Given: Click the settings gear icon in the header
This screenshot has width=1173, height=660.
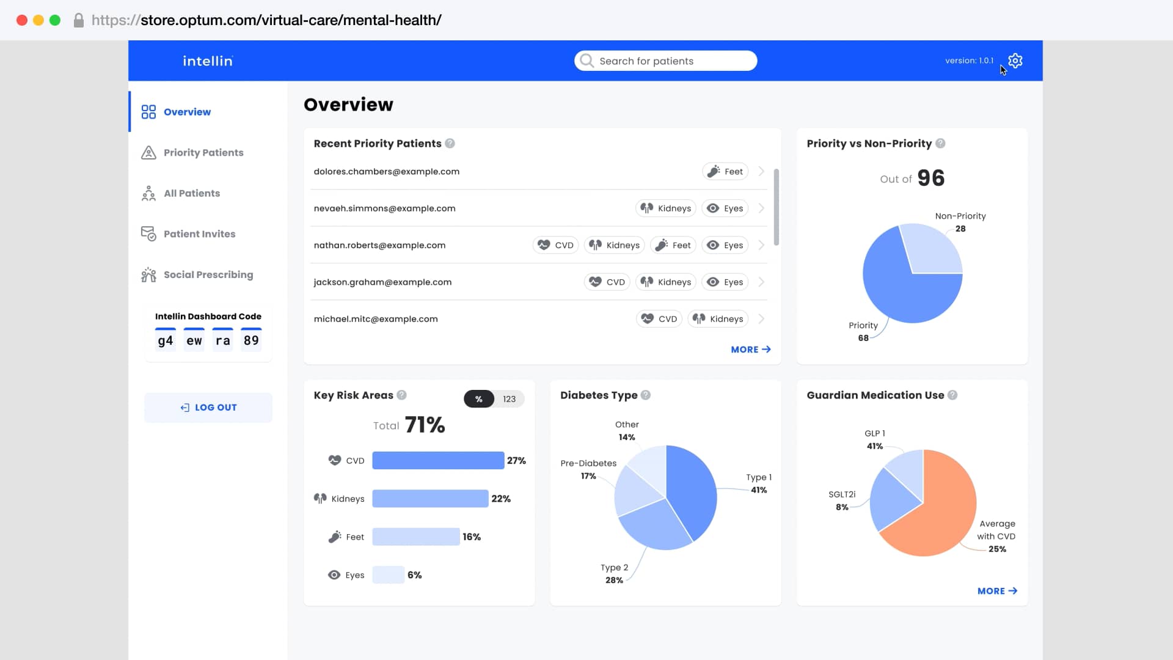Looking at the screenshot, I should coord(1015,61).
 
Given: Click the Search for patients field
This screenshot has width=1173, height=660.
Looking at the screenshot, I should coord(665,61).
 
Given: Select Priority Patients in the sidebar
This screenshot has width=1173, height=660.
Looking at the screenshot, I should coord(203,152).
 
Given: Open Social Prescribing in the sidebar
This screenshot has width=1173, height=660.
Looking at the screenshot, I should coord(208,274).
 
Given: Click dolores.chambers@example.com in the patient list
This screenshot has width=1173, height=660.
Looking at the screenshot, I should coord(386,171).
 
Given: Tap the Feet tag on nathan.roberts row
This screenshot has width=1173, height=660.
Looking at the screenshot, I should coord(674,245).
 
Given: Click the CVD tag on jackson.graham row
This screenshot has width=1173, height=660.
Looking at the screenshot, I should coord(607,282).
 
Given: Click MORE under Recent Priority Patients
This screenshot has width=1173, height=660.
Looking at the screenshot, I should coord(750,350).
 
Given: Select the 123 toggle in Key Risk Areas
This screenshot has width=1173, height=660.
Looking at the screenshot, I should coord(509,399).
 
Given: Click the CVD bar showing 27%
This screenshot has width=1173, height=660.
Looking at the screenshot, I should coord(437,460).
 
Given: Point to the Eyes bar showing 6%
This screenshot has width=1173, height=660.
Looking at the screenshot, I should coord(388,575).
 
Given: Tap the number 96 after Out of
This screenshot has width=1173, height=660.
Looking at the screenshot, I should coord(930,178).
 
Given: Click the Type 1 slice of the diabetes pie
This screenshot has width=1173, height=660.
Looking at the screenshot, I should coord(693,489).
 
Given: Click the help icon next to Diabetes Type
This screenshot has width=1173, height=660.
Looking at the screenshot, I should coord(646,395).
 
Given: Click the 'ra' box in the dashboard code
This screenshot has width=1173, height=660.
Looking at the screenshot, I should coord(222,340).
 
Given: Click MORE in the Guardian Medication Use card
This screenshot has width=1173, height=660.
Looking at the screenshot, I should coord(996,591).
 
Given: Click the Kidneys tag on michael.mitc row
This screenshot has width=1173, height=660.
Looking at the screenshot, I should coord(718,319).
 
